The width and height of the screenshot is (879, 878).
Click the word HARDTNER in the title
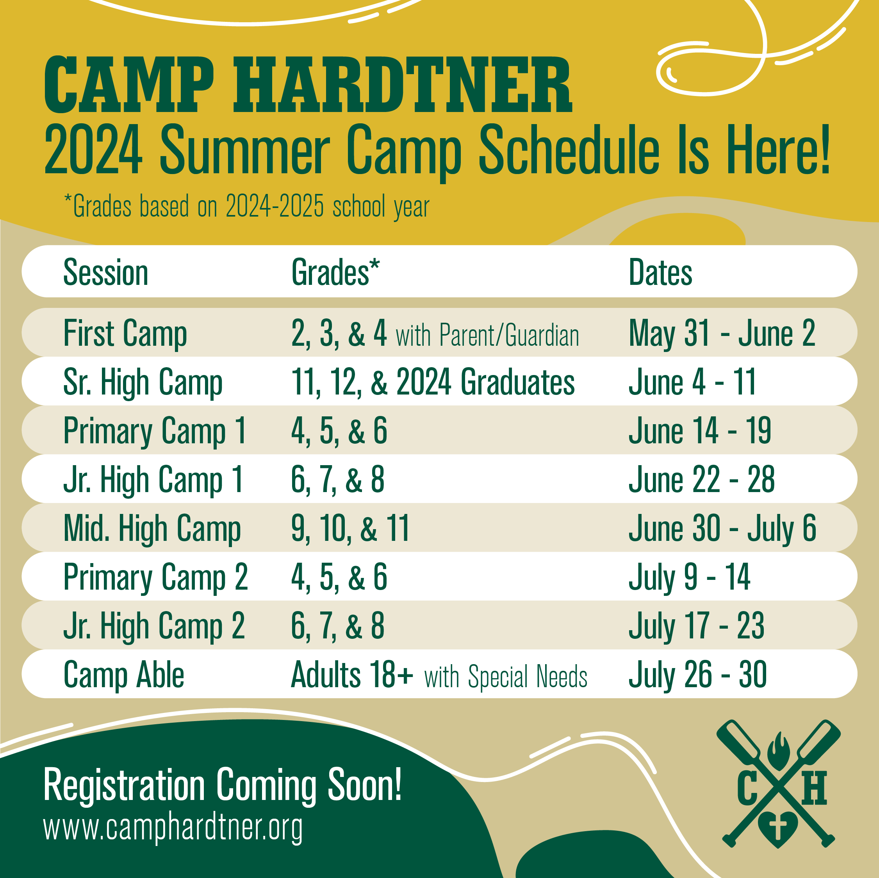tap(402, 85)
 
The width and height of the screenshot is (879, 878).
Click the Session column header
tap(105, 272)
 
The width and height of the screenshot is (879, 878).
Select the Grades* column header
tap(335, 272)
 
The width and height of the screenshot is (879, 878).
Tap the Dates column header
tap(660, 272)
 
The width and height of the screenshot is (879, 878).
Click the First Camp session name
tap(125, 333)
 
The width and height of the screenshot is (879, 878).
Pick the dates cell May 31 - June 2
tap(722, 333)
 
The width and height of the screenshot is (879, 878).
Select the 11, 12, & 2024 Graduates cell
tap(433, 382)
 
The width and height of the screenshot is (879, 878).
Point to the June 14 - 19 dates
tap(700, 430)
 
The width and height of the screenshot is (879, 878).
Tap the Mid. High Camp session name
tap(152, 528)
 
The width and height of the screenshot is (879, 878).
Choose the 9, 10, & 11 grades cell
tap(350, 528)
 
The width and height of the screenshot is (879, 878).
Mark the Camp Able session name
tap(124, 675)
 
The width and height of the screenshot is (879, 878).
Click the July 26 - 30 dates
tap(697, 675)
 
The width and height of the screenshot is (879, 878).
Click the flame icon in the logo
tap(779, 751)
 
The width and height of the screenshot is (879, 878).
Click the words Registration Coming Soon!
tap(223, 785)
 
